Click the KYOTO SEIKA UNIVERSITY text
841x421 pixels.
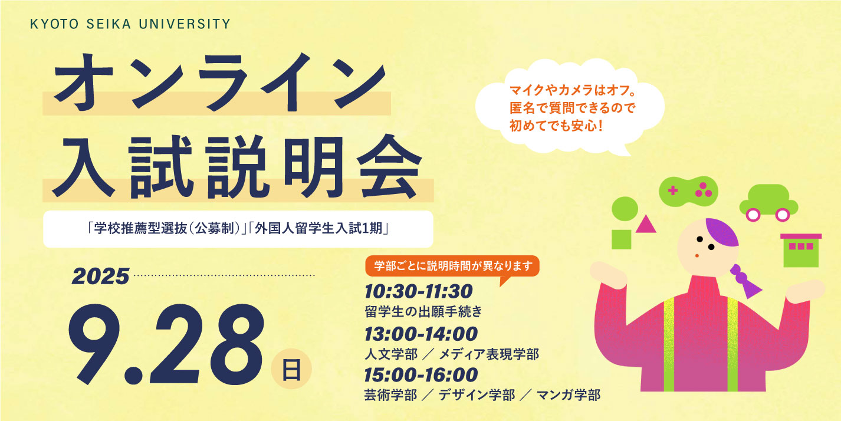pos(130,24)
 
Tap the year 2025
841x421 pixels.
pos(101,277)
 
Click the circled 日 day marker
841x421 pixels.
pos(291,369)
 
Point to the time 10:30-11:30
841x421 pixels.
pos(419,291)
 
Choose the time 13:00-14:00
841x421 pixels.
pos(421,334)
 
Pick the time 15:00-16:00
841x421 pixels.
pos(421,375)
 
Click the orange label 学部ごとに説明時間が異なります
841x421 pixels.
pos(453,266)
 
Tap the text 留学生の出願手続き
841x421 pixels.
pos(423,311)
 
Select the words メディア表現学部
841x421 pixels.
pos(489,354)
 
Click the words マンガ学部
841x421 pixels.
pos(569,394)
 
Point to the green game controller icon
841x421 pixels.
pos(689,192)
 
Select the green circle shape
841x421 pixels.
pos(625,209)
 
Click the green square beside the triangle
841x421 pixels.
pos(622,239)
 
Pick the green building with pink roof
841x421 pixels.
pos(801,250)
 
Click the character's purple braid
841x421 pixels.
pos(744,280)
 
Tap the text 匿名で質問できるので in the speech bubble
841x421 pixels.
pos(573,108)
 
